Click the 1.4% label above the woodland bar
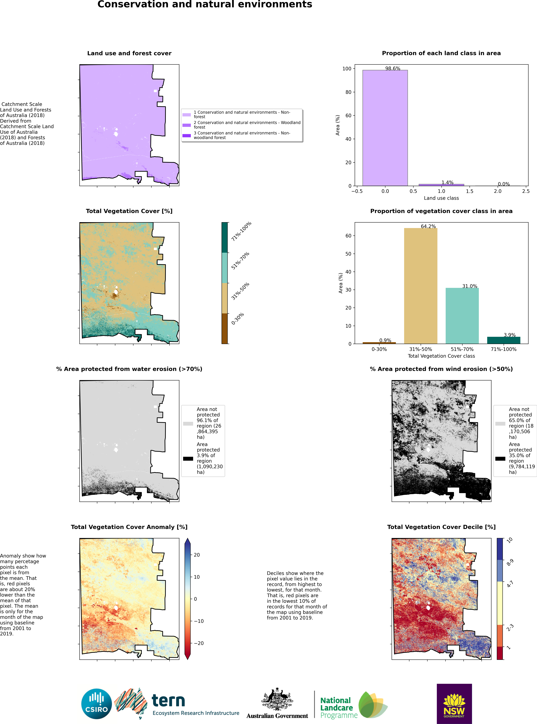[x=447, y=182]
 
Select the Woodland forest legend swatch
[x=187, y=125]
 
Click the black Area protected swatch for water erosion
[x=188, y=458]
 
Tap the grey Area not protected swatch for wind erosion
[x=500, y=423]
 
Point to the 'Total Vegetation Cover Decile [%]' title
[x=441, y=527]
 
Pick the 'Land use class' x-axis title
[x=441, y=198]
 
